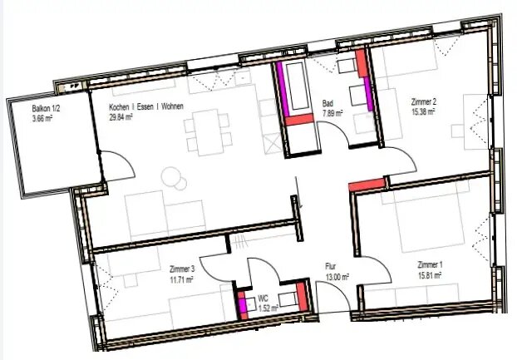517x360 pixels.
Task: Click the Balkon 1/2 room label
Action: (x=46, y=108)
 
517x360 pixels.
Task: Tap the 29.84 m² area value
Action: (x=121, y=116)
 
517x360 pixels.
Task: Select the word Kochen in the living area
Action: (x=119, y=107)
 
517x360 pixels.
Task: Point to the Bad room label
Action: (x=327, y=103)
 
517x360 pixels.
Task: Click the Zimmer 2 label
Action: (x=424, y=101)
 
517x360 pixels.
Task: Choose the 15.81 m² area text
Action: (x=431, y=275)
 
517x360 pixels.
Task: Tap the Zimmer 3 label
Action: (x=182, y=269)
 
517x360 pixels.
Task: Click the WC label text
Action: (x=263, y=299)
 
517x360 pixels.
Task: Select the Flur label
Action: (x=330, y=266)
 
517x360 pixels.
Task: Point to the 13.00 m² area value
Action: (x=337, y=277)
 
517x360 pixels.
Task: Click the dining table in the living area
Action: (x=208, y=132)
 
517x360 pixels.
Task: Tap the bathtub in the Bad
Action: (x=298, y=86)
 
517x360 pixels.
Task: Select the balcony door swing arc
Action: (x=125, y=158)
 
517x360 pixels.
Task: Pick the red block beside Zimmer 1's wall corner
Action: (x=367, y=185)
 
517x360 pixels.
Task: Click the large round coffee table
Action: (x=171, y=177)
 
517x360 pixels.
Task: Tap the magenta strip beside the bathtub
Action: (x=283, y=89)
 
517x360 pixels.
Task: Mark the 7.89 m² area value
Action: (x=332, y=113)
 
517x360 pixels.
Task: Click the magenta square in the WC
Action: (x=243, y=304)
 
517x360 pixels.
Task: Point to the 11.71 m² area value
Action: (x=181, y=280)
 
